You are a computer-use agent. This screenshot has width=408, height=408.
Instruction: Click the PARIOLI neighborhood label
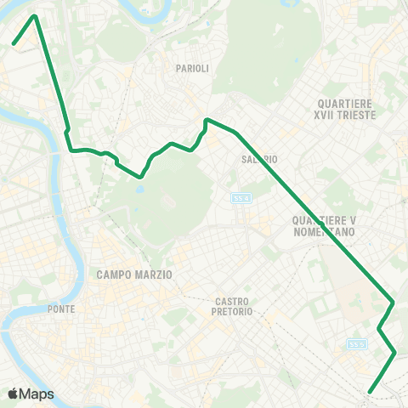click(x=192, y=68)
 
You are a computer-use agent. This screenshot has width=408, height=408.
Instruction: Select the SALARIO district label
click(x=259, y=159)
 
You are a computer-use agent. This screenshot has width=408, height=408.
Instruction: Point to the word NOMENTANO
click(x=322, y=231)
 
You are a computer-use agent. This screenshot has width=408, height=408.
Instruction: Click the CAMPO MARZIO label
click(x=134, y=275)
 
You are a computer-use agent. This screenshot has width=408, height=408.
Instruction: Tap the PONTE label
click(x=65, y=309)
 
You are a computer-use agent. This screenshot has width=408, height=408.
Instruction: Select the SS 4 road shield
click(x=241, y=197)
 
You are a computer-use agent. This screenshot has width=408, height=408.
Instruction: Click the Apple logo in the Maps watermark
click(x=14, y=394)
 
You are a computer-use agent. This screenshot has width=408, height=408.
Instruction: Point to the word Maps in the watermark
click(x=37, y=394)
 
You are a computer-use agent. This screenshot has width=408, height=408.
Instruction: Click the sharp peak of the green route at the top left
click(x=35, y=15)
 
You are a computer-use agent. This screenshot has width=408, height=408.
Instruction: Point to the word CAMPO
click(x=114, y=275)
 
